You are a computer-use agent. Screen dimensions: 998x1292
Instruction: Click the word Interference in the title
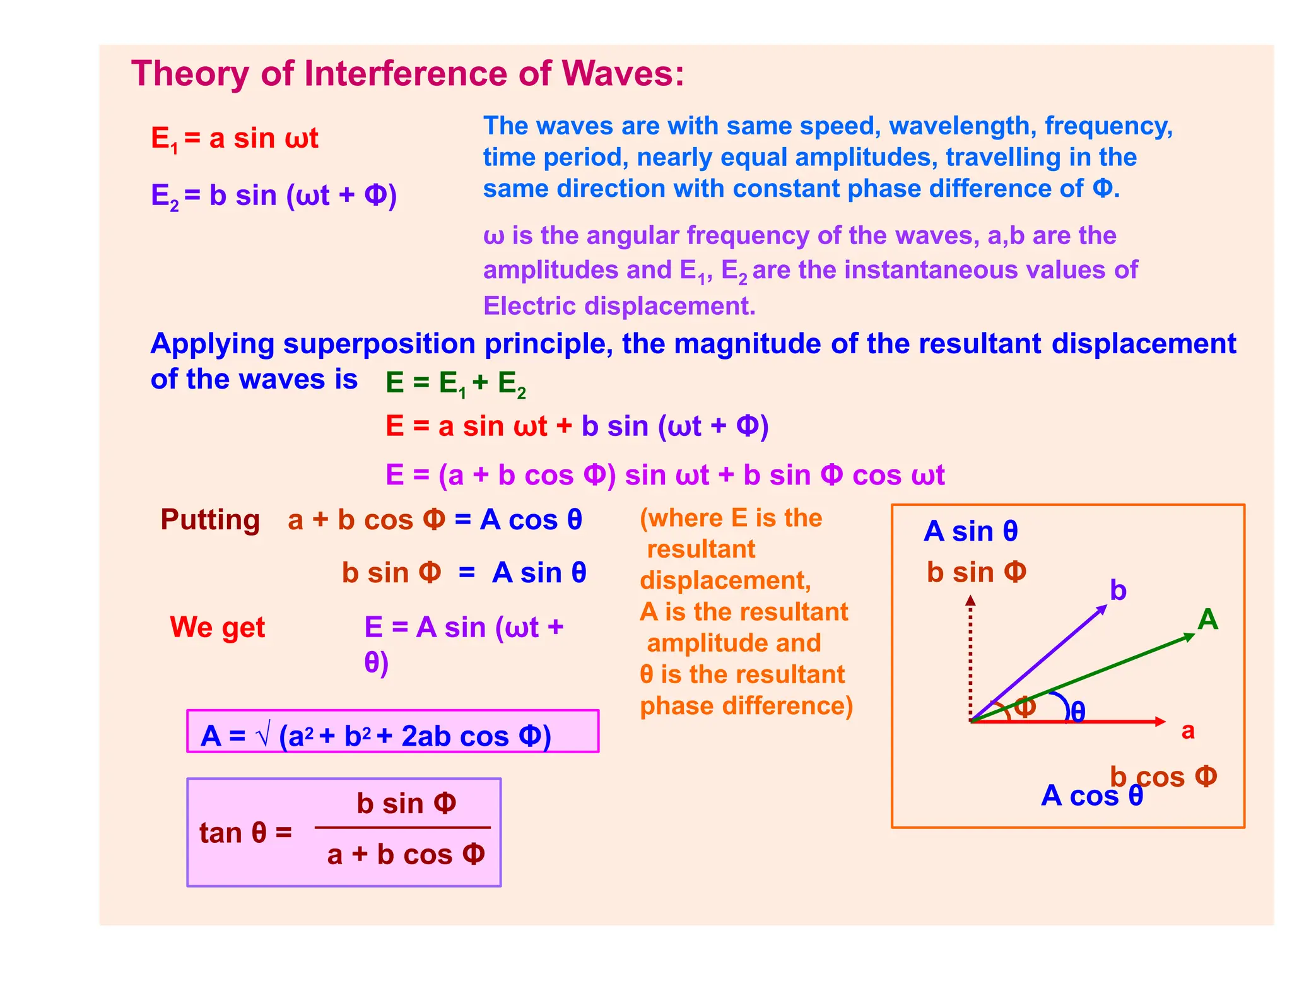406,73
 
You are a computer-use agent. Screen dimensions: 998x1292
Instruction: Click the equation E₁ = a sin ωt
235,138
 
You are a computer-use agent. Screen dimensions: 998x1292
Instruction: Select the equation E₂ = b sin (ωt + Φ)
274,195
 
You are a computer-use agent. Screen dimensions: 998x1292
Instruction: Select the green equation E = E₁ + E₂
455,383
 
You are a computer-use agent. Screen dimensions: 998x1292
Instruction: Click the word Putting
210,520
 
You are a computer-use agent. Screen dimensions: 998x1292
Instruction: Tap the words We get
218,627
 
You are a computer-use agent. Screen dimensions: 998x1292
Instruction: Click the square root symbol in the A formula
264,736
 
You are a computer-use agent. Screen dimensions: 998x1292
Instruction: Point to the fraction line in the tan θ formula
402,827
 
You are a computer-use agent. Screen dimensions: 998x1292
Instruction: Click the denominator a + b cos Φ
406,855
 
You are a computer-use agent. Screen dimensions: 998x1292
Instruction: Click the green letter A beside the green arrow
1207,619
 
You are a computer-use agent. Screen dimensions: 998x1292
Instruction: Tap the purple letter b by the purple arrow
1118,590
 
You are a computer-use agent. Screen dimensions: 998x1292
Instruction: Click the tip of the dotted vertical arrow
971,598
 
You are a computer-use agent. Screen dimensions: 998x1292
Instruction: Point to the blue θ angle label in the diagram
1078,712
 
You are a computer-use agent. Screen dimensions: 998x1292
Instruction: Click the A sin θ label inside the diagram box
970,531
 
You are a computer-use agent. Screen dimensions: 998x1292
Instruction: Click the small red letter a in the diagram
1188,731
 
